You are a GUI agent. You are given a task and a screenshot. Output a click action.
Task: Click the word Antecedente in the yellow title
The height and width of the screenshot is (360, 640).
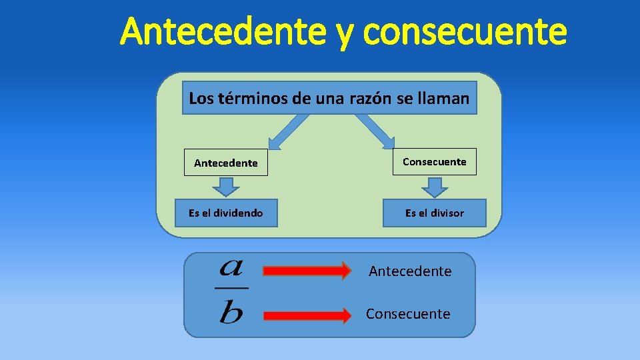point(223,32)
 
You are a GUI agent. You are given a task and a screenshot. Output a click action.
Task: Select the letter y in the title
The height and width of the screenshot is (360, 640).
point(343,35)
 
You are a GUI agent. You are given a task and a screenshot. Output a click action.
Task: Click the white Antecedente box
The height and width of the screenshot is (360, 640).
point(225,163)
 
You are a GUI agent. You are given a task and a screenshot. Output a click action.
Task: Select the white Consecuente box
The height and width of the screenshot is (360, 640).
point(434,161)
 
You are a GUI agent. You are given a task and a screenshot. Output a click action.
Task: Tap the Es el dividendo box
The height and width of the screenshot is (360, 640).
point(225,213)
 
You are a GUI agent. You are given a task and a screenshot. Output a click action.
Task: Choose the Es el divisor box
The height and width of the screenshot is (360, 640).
point(434,213)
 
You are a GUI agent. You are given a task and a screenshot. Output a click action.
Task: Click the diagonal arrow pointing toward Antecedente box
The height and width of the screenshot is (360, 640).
point(287,131)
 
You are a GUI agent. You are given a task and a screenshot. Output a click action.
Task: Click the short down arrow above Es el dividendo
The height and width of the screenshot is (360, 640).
point(227,186)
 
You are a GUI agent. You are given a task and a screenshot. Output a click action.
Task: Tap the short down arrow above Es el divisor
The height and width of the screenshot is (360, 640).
point(436,187)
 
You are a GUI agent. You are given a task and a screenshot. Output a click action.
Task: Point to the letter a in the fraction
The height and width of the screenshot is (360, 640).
point(231,268)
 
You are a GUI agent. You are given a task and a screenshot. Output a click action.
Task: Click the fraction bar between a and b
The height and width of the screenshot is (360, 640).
point(231,288)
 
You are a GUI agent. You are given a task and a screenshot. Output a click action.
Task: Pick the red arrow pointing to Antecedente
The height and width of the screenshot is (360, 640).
point(307,271)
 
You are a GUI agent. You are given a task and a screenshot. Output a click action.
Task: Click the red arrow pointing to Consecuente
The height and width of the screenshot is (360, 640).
point(307,315)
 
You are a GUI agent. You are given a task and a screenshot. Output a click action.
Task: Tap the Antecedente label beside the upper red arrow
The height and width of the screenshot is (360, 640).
point(410,271)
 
